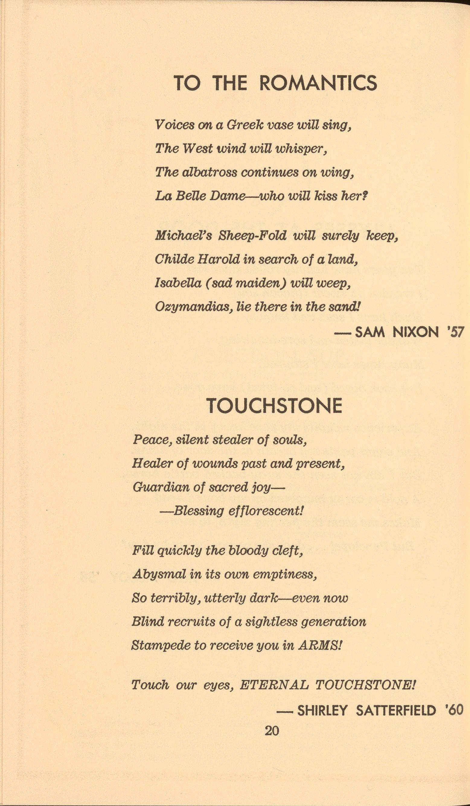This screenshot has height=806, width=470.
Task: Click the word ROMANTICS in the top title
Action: coord(318,84)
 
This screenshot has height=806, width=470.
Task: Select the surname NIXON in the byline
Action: coord(416,333)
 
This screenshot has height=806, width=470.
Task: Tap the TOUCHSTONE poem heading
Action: coord(274,406)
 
